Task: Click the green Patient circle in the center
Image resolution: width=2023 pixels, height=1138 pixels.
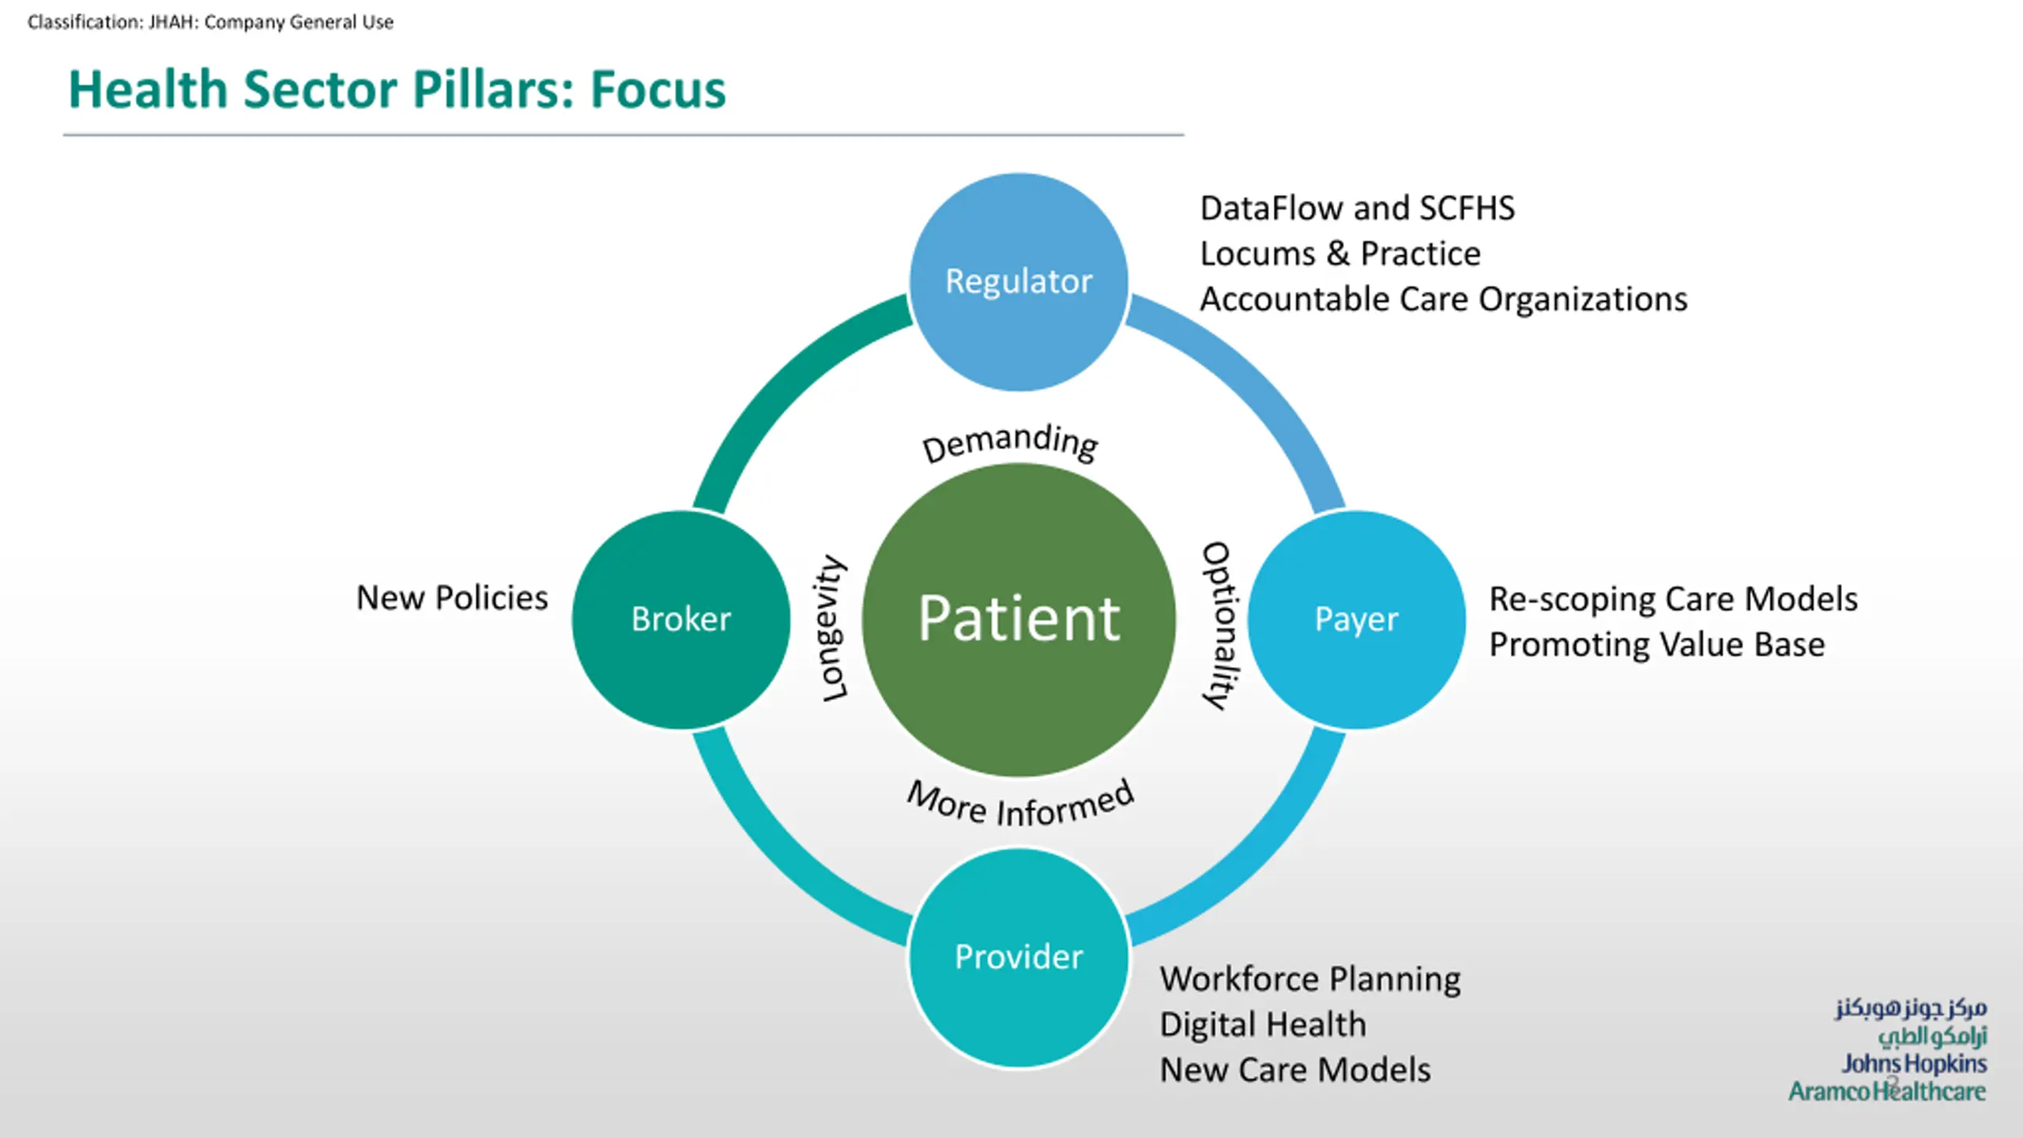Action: [1019, 619]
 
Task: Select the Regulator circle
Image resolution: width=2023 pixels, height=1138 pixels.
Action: [1019, 281]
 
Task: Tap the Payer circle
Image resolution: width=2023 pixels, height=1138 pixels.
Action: [1356, 619]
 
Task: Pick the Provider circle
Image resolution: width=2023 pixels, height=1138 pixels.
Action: [1019, 956]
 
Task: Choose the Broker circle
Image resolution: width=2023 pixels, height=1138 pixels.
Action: [681, 619]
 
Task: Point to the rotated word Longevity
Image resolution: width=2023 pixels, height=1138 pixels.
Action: [831, 628]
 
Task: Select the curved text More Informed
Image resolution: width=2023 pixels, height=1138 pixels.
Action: [1020, 805]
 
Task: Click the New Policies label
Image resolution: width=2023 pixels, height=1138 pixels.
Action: [452, 598]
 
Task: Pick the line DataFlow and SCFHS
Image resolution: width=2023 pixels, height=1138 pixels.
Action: [1357, 209]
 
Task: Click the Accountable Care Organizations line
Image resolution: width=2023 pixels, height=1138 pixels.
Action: [1443, 300]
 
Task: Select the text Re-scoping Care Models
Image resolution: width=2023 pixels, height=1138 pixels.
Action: [1673, 599]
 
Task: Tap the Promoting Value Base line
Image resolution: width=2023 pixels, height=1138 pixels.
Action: [1656, 645]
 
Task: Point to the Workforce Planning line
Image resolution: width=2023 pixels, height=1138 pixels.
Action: [1310, 979]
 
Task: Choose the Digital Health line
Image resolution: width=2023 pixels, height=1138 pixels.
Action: [1263, 1025]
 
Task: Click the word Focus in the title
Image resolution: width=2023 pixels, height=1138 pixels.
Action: [657, 89]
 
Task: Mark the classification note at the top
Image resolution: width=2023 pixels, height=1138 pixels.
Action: [210, 22]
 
